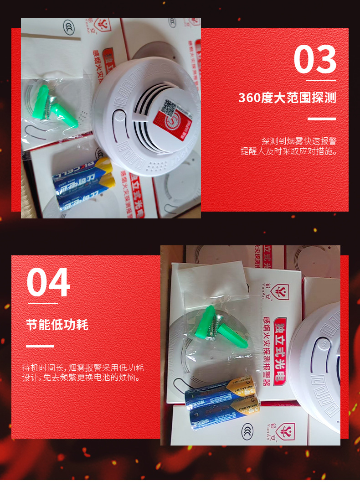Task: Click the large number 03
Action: [315, 60]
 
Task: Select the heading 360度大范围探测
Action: [287, 98]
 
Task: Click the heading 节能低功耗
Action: [57, 325]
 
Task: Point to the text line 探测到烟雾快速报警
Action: [299, 141]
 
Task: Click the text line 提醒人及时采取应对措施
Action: [289, 151]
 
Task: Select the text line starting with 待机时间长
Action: [83, 368]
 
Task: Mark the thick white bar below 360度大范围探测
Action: [321, 119]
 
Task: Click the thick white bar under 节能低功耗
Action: [40, 346]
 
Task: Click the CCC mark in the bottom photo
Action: [247, 430]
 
